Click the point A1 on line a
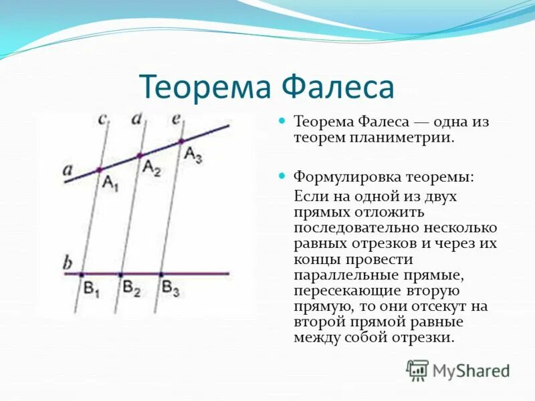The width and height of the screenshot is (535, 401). pyautogui.click(x=99, y=170)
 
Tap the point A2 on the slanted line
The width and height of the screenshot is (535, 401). pyautogui.click(x=140, y=155)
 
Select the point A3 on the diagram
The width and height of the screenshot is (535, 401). pyautogui.click(x=181, y=141)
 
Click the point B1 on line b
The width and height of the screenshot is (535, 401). pyautogui.click(x=82, y=274)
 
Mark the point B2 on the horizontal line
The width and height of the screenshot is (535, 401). pyautogui.click(x=121, y=274)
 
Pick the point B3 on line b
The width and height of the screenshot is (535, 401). pyautogui.click(x=161, y=274)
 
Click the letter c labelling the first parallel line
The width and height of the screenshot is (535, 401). pyautogui.click(x=102, y=120)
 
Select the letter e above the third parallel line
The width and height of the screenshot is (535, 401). pyautogui.click(x=176, y=119)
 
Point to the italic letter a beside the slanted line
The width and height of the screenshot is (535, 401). pyautogui.click(x=68, y=170)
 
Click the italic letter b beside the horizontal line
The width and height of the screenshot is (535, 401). pyautogui.click(x=68, y=263)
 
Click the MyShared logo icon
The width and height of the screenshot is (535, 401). pyautogui.click(x=417, y=370)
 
